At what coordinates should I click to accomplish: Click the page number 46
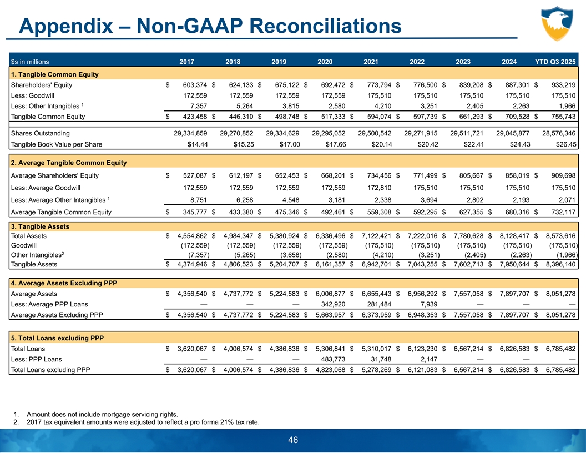click(x=293, y=440)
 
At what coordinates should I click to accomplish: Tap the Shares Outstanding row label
click(x=41, y=133)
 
